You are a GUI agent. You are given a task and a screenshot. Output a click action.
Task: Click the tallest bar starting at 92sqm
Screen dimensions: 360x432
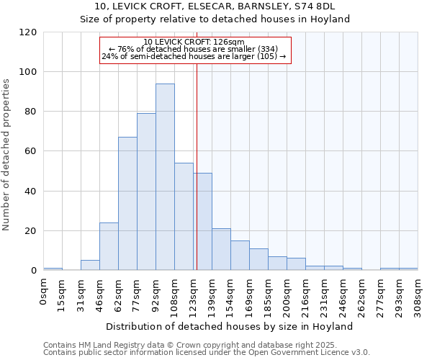pos(165,177)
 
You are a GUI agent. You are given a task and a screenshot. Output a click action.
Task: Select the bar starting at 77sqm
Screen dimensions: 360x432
pos(146,192)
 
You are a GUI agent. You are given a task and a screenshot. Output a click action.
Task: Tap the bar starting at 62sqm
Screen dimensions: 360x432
pos(127,204)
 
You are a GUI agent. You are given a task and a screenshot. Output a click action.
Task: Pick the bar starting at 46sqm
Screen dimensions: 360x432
pos(109,246)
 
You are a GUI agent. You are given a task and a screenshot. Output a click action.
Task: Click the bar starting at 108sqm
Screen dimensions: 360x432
pos(184,217)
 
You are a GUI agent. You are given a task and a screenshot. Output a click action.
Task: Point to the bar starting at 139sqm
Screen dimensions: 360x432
pos(221,249)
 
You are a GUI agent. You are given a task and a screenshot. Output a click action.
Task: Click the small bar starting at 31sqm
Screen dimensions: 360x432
pos(90,265)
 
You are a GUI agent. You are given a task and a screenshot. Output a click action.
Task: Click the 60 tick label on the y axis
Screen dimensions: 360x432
pos(31,152)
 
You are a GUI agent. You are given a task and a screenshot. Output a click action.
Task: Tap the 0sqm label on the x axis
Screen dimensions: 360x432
pos(44,289)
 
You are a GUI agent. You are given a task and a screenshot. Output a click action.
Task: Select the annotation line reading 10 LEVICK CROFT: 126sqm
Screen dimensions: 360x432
pos(194,42)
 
